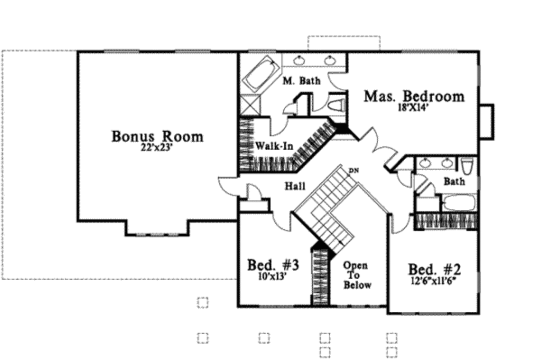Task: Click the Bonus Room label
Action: click(x=157, y=136)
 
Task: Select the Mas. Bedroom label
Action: click(x=414, y=96)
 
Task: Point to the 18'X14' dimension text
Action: click(x=414, y=107)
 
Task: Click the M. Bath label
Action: click(x=301, y=81)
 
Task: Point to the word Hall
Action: click(x=295, y=186)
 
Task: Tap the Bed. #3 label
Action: click(x=273, y=264)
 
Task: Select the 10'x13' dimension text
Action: click(x=273, y=276)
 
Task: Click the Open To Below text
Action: click(x=357, y=275)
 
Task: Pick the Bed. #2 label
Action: click(x=434, y=270)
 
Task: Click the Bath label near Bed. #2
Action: click(x=454, y=182)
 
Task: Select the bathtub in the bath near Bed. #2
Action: click(x=459, y=203)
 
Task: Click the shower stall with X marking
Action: click(x=251, y=104)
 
